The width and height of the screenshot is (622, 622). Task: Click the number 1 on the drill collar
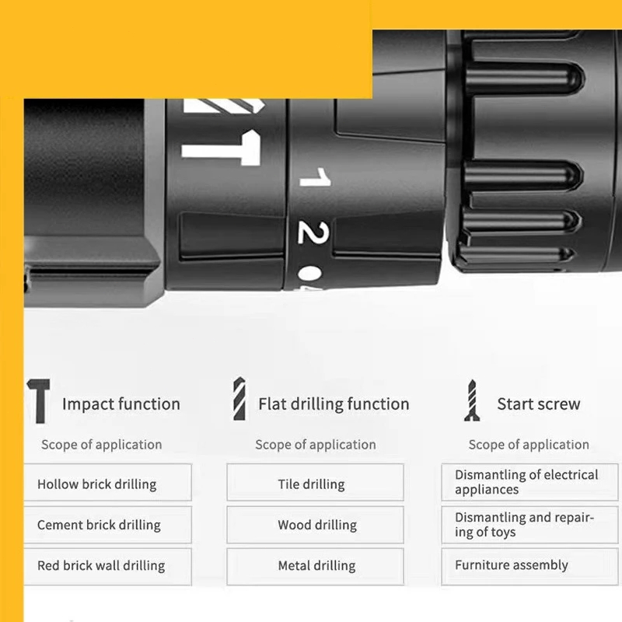click(316, 177)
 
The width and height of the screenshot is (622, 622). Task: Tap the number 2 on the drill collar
click(313, 232)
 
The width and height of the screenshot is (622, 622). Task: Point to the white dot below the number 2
click(310, 273)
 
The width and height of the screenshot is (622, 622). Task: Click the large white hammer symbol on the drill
click(222, 148)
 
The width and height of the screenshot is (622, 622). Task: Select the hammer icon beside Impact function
click(38, 400)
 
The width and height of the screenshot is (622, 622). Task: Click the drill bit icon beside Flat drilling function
click(239, 399)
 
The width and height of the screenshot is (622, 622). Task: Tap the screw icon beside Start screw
click(472, 400)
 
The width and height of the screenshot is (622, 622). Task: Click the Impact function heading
click(121, 404)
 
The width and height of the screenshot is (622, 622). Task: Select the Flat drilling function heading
click(334, 404)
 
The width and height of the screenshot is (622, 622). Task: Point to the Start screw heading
click(539, 404)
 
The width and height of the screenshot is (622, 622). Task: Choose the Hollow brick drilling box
click(107, 482)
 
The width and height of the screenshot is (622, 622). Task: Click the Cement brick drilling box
click(107, 524)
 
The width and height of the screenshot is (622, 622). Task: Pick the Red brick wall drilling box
click(107, 567)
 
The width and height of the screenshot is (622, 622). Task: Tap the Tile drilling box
click(316, 482)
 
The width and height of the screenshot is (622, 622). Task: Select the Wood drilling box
click(316, 524)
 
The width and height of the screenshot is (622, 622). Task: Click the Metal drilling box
click(316, 567)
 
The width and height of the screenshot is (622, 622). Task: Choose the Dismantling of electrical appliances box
click(529, 482)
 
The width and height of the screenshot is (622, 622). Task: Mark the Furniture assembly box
click(529, 567)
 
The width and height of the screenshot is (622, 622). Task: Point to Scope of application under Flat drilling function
click(316, 445)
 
